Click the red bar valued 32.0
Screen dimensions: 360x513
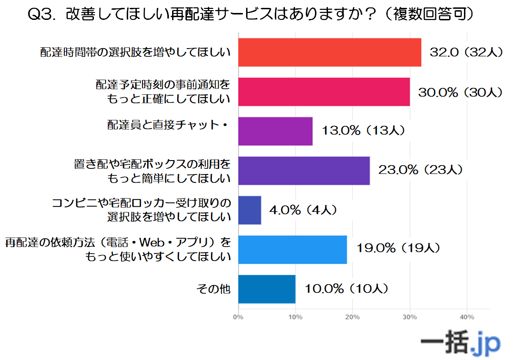tap(329, 52)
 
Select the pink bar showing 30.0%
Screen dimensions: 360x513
tap(324, 92)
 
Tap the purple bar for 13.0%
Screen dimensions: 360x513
tap(275, 131)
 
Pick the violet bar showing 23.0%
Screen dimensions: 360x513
tap(304, 171)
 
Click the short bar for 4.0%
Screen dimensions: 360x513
tap(250, 210)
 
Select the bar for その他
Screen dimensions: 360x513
tap(267, 289)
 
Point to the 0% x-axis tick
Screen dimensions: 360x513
tap(238, 317)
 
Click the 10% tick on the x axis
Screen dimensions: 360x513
tap(295, 317)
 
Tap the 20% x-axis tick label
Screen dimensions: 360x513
tap(352, 317)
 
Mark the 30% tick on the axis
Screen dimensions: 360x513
tap(409, 317)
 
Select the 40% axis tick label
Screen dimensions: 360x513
tap(467, 317)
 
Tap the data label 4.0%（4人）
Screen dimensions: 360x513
tap(303, 210)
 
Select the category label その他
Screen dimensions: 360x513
tap(213, 289)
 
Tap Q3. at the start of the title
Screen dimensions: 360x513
tap(43, 14)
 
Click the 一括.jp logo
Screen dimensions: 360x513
tap(460, 343)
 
